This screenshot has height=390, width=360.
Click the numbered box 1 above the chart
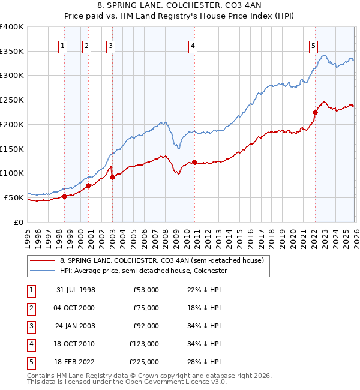coord(64,45)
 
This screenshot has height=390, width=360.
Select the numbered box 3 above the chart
coord(112,45)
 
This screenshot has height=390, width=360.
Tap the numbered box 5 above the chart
coord(314,45)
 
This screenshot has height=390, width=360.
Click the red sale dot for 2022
coord(315,112)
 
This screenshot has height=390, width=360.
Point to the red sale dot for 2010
coord(194,162)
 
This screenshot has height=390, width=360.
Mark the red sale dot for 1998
coord(65,196)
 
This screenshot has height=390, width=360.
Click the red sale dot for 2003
coord(113,177)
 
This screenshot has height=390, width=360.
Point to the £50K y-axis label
coord(14,197)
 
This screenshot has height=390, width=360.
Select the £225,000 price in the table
coord(144,362)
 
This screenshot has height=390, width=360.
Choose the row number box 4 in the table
coord(30,344)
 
